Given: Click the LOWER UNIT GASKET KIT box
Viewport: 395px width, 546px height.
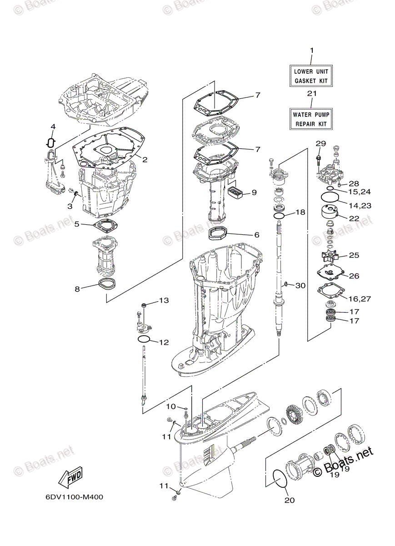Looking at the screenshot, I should click(311, 76).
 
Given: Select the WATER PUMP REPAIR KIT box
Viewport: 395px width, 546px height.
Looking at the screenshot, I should click(311, 119).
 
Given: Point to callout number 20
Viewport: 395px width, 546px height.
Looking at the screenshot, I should click(290, 500).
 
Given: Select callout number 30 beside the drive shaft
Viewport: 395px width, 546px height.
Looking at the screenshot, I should click(300, 286).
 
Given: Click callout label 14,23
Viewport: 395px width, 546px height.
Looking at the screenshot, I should click(360, 206).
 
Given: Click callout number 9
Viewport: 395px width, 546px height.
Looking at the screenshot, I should click(254, 192).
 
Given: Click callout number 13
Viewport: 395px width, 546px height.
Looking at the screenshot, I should click(164, 301).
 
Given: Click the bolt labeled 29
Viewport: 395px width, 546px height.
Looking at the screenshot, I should click(318, 159).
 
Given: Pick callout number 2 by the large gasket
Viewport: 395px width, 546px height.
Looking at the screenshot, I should click(145, 159).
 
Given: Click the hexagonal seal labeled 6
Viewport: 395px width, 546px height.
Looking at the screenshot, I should click(218, 234).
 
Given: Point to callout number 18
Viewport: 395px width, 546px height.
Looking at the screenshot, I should click(300, 212).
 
